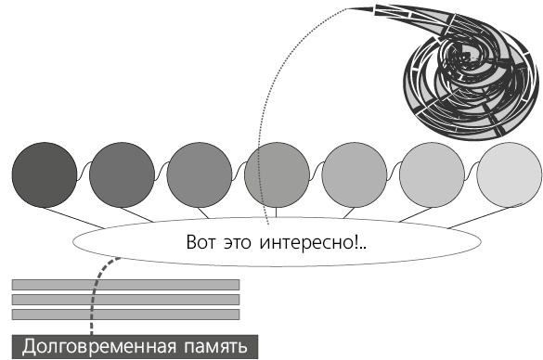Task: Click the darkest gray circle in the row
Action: [44, 174]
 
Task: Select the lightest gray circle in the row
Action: [510, 174]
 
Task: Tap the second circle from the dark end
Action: [122, 174]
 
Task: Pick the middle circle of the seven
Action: [277, 174]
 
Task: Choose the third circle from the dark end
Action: [200, 174]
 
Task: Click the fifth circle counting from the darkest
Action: [355, 174]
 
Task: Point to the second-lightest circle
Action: [433, 174]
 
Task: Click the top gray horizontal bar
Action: [125, 284]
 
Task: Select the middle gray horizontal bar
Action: [125, 300]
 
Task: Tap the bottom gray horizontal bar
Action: [125, 315]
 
